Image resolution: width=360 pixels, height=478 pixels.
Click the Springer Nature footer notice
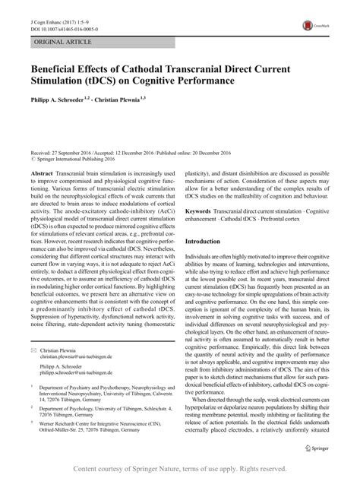tap(180, 469)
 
